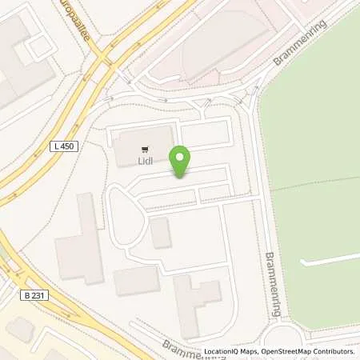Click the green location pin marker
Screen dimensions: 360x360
click(x=180, y=162)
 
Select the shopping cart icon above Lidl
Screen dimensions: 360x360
click(x=144, y=149)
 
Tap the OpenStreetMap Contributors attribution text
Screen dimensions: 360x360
click(x=313, y=351)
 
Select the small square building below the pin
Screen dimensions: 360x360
click(x=160, y=232)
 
